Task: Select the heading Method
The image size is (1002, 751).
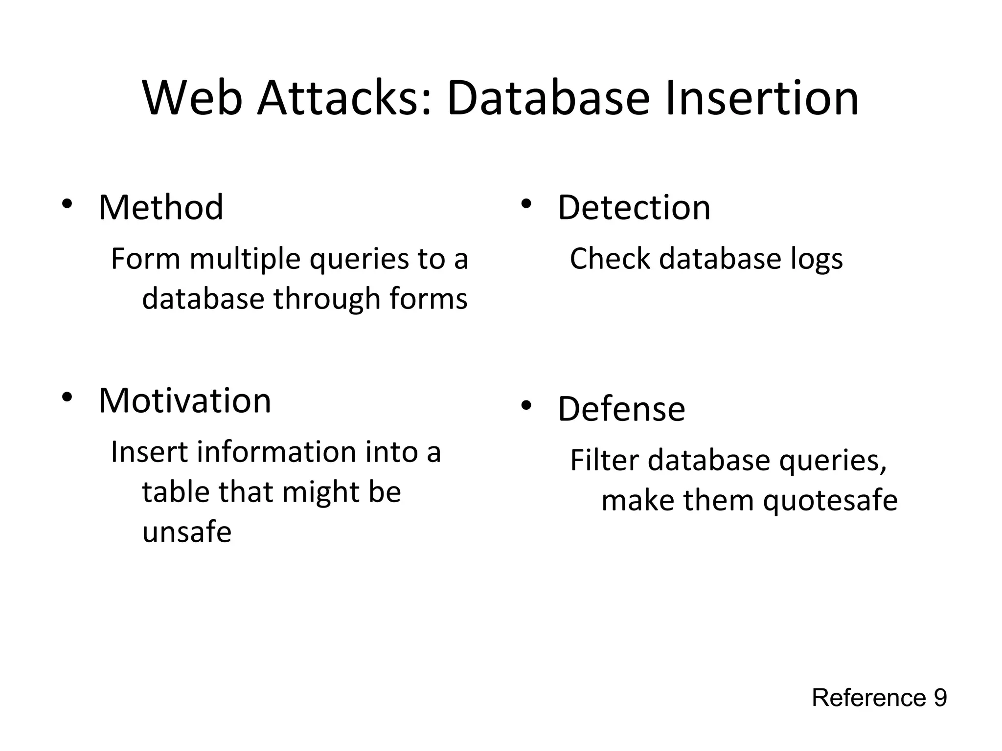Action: [x=161, y=207]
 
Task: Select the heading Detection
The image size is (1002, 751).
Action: [x=634, y=207]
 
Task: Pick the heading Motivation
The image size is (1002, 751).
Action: [x=184, y=400]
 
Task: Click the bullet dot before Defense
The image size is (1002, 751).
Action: [x=526, y=405]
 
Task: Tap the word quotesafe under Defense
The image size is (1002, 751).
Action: [x=830, y=501]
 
